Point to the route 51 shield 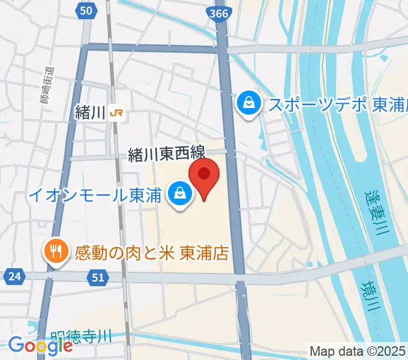pos(99,277)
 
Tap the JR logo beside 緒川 pos(119,112)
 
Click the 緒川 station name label pos(91,112)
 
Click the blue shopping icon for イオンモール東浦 pos(179,193)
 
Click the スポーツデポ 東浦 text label pos(336,104)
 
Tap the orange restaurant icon pos(55,252)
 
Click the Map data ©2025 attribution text pos(358,350)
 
